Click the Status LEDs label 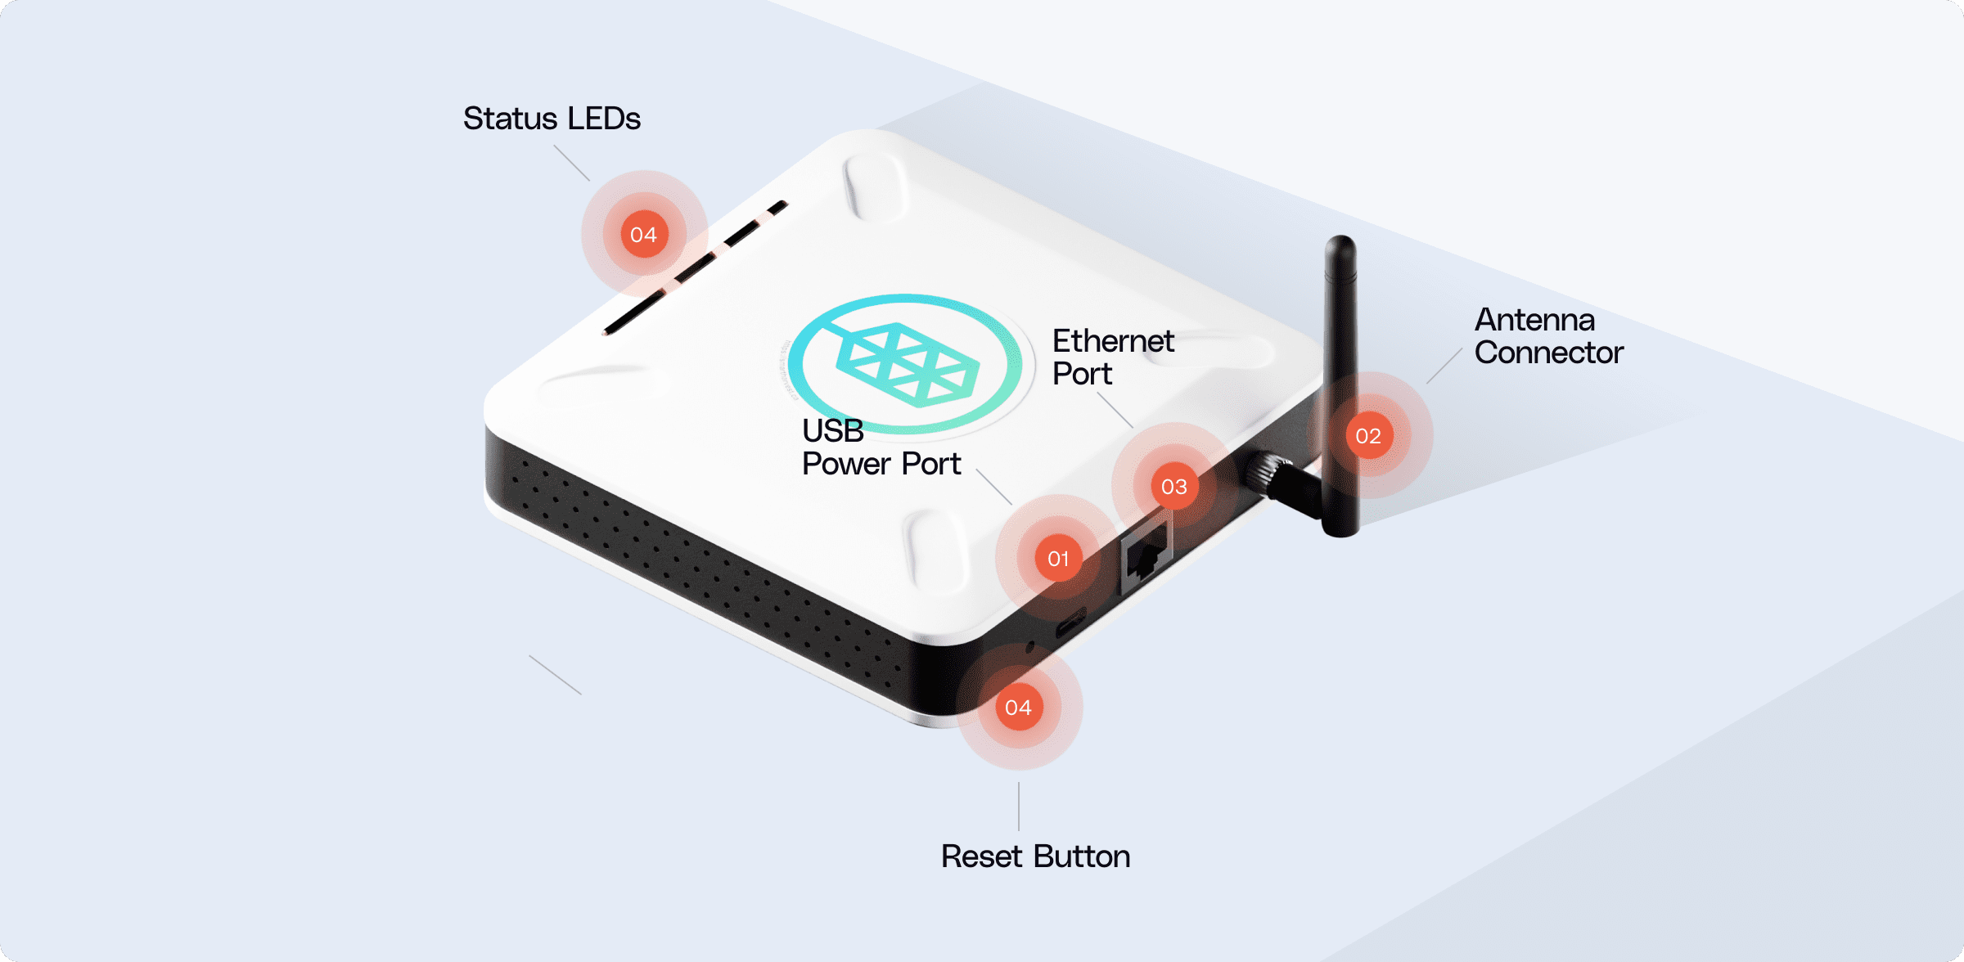click(x=552, y=119)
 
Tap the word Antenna click(x=1534, y=320)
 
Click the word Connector click(x=1548, y=353)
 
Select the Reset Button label click(x=1035, y=856)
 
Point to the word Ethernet click(x=1113, y=341)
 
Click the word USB click(x=832, y=430)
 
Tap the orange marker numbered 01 click(x=1058, y=559)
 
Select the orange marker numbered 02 click(x=1368, y=436)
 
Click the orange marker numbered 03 click(x=1173, y=487)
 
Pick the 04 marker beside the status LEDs click(x=644, y=235)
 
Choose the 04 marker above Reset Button click(x=1018, y=708)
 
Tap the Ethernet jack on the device click(x=1146, y=556)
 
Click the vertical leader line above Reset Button click(x=1019, y=807)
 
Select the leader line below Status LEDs click(x=571, y=163)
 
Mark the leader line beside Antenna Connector click(x=1444, y=366)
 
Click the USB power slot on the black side click(x=1070, y=626)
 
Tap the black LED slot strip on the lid click(x=696, y=268)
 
